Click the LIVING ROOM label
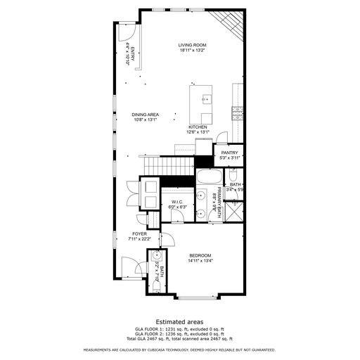tap(191, 44)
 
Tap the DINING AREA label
tap(145, 114)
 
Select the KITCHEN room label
tap(197, 127)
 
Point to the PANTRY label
tap(229, 153)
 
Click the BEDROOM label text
tap(200, 255)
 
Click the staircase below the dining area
tap(169, 166)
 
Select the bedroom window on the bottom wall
tap(200, 295)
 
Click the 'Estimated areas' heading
tap(179, 321)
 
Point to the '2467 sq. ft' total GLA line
tap(179, 338)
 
